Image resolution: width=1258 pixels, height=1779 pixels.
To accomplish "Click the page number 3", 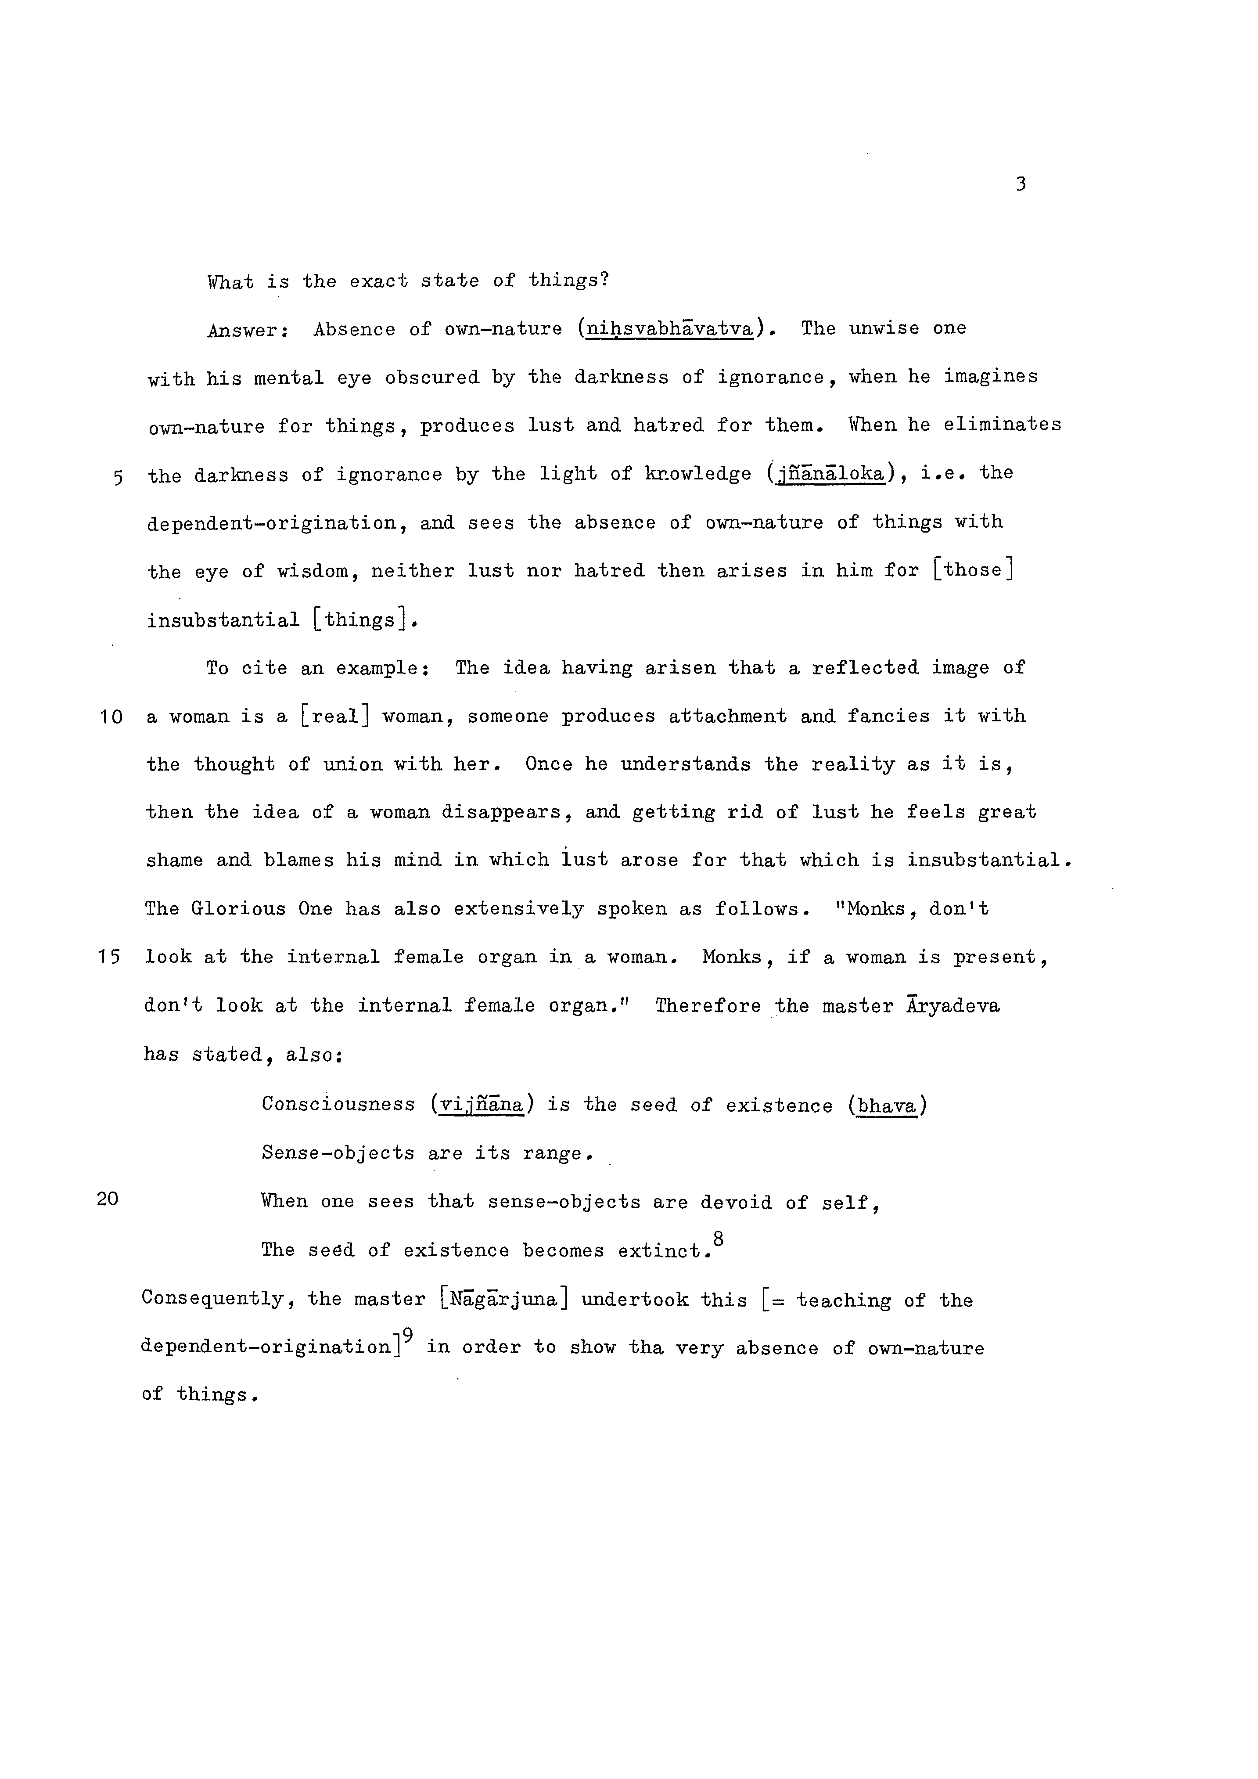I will (1020, 184).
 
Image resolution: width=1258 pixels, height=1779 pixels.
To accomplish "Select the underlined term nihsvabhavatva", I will (670, 329).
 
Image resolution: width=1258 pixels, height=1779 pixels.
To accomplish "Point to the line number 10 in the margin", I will (111, 717).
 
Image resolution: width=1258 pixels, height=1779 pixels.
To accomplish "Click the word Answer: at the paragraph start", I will (248, 331).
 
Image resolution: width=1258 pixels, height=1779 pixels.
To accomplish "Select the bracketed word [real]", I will (334, 717).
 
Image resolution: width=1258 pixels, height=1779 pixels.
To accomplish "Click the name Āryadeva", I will (953, 1006).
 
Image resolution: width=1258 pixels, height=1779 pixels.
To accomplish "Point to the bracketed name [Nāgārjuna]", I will (503, 1300).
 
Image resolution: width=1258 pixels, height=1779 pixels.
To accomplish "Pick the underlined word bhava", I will (887, 1106).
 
